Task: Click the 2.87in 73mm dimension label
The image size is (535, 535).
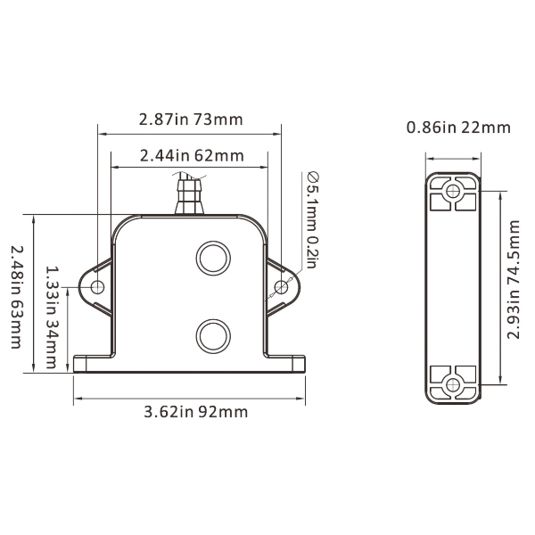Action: point(191,119)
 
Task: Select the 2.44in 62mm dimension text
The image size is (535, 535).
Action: point(191,155)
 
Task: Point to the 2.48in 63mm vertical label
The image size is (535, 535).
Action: point(16,286)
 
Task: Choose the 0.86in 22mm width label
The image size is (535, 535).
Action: point(458,128)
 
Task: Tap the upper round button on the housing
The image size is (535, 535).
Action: point(213,258)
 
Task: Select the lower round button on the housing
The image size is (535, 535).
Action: point(213,335)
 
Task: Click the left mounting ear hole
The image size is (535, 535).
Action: point(97,286)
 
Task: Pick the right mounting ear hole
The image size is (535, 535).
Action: point(282,286)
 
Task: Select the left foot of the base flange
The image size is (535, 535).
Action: point(89,363)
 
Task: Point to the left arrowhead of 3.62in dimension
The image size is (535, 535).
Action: point(76,398)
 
